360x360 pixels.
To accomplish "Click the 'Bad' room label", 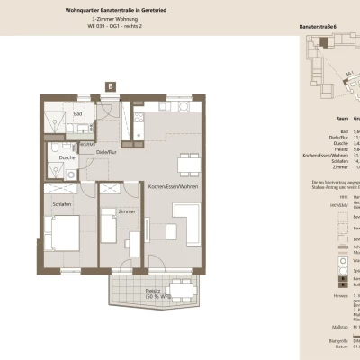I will (78, 114).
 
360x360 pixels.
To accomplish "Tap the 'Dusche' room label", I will (67, 157).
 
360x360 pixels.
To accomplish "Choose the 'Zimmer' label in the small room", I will (126, 210).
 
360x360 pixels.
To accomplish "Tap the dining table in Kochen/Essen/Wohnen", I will (188, 162).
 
